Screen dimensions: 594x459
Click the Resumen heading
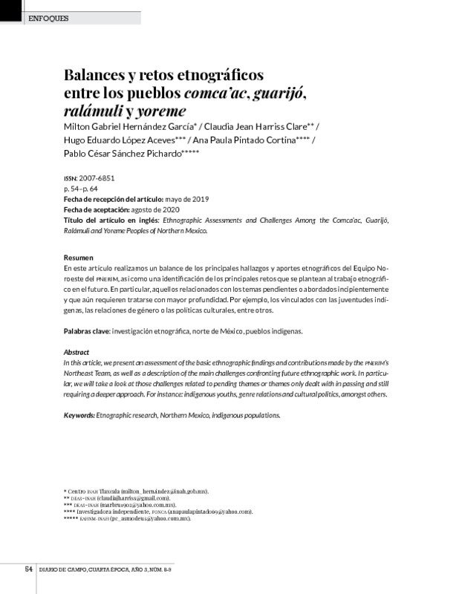79,257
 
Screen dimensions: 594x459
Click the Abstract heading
76,351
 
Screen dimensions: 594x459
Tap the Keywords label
79,415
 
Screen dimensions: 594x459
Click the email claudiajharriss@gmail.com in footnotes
130,497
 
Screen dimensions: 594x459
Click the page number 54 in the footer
28,569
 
